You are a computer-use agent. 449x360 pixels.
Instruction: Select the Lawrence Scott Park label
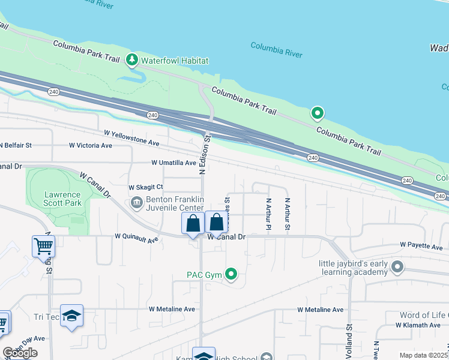62,199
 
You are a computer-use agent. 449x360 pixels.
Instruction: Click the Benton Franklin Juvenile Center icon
136,203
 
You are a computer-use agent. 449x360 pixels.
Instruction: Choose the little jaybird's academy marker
397,266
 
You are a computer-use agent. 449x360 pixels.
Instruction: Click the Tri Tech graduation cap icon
71,316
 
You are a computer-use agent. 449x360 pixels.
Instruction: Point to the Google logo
20,353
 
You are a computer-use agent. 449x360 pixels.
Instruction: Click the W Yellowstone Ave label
131,138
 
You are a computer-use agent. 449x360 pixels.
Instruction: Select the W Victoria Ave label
90,145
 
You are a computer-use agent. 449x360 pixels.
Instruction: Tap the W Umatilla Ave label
173,163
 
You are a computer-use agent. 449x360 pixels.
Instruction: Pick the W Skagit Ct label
146,187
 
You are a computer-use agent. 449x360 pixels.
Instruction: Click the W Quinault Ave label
136,239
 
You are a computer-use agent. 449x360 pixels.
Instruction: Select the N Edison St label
204,155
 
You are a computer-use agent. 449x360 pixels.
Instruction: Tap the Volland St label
349,340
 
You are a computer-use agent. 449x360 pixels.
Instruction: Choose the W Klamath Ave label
418,325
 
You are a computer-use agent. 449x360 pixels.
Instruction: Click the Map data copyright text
424,355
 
